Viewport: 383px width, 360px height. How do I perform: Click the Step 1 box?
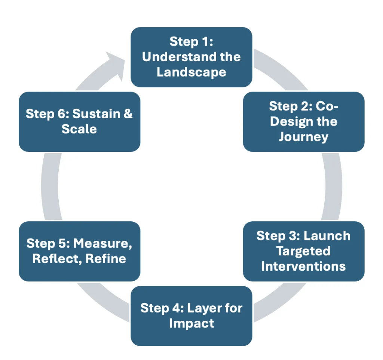click(191, 57)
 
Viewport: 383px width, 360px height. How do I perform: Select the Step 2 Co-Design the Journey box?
click(304, 122)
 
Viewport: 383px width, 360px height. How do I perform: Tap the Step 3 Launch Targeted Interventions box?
click(304, 251)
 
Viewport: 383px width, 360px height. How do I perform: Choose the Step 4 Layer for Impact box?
click(191, 316)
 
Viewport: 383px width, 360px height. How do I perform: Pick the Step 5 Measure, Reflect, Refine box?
click(79, 251)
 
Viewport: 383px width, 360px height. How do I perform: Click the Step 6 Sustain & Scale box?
click(79, 122)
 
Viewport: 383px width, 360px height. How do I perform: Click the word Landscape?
click(191, 72)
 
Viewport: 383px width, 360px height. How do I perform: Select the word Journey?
click(304, 137)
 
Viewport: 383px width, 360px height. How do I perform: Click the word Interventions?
click(303, 266)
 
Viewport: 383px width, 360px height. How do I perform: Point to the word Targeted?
click(303, 251)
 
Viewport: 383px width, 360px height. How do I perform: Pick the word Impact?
click(191, 324)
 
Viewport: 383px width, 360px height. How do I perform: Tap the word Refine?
click(106, 259)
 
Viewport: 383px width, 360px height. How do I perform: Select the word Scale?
click(79, 129)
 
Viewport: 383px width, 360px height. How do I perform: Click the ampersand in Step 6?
click(128, 114)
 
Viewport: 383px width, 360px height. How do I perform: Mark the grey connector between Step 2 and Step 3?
click(333, 187)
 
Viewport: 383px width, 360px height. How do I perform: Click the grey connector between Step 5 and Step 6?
click(50, 187)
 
